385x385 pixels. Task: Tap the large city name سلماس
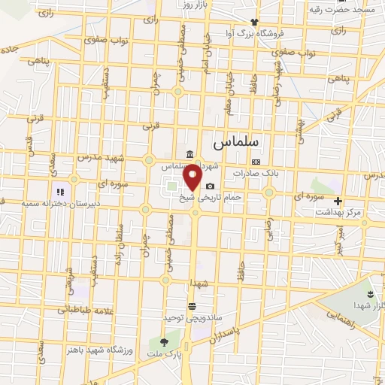tap(235, 141)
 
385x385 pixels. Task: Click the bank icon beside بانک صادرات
tap(256, 162)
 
